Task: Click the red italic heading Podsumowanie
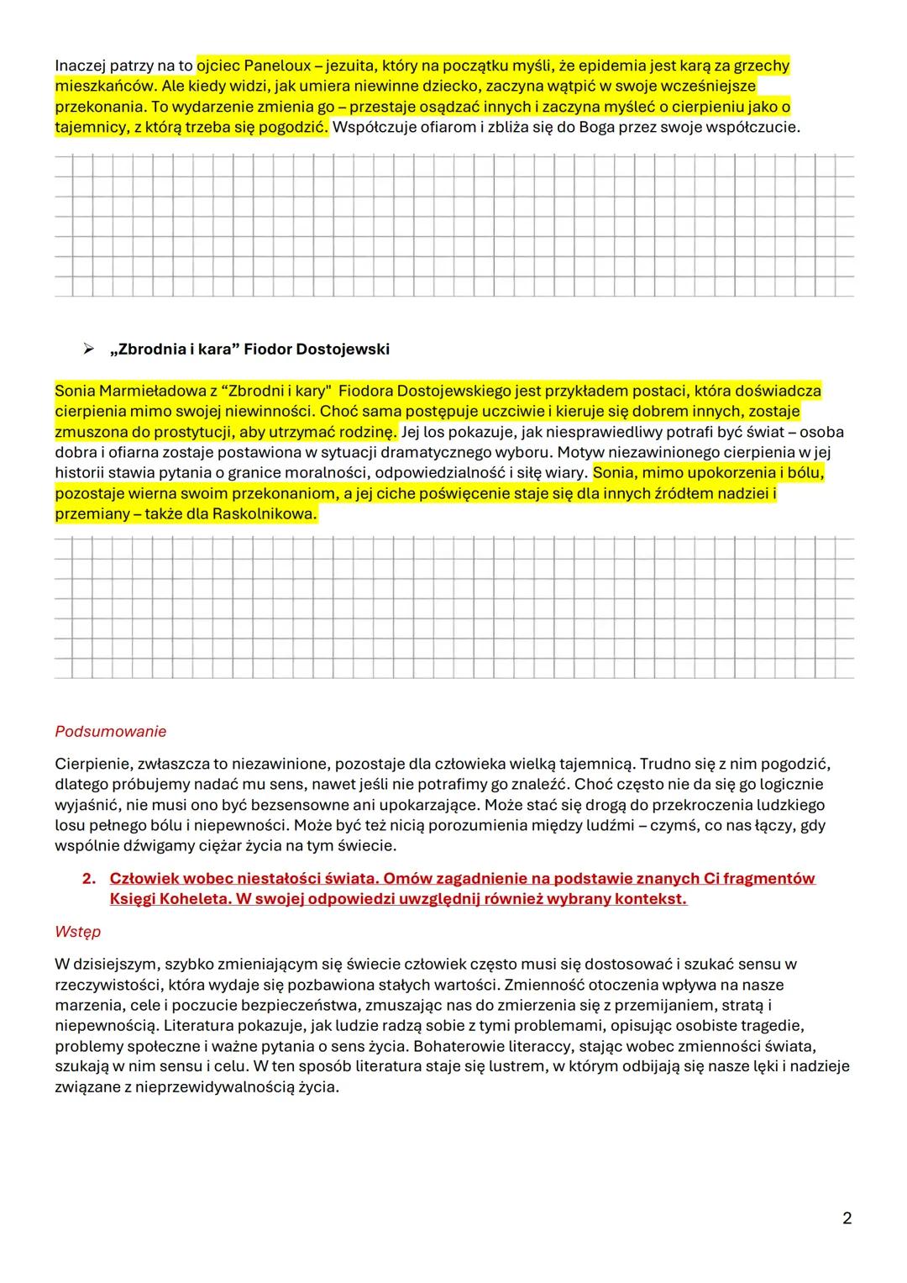(110, 731)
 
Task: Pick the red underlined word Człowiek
(144, 878)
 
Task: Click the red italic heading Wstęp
(77, 932)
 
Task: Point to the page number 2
(847, 1217)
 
